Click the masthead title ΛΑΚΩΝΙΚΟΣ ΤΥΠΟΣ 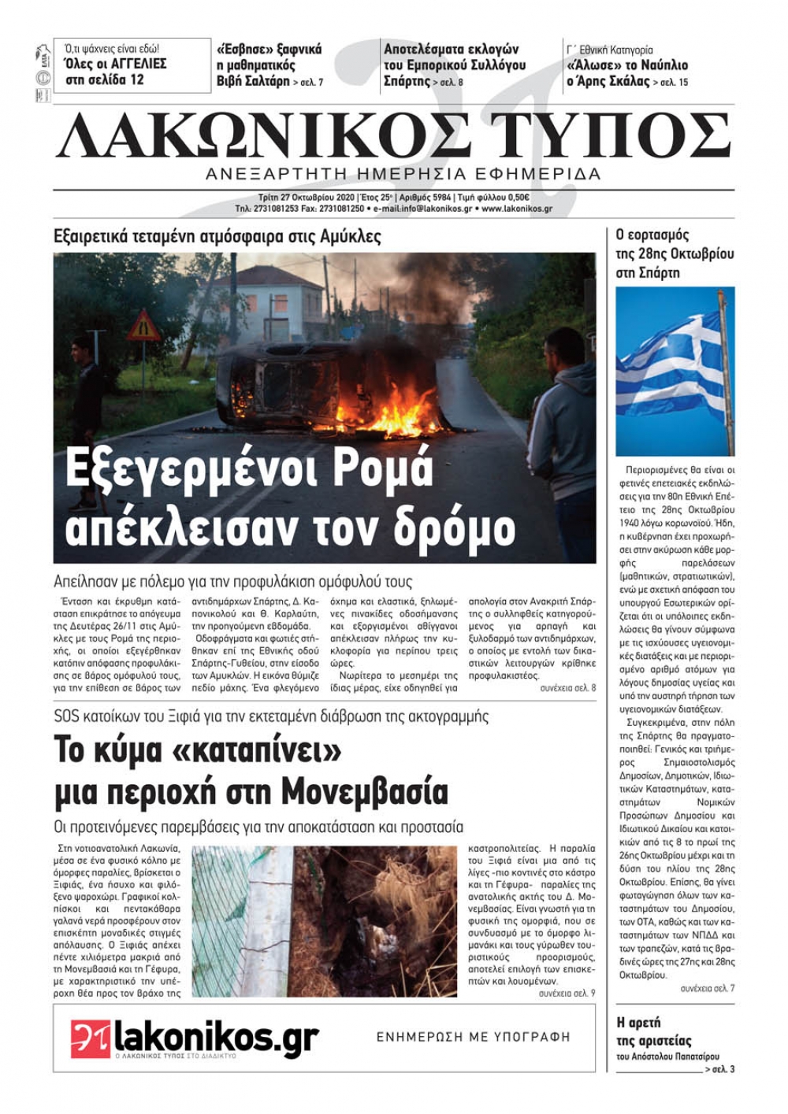(394, 135)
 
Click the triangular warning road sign (143, 325)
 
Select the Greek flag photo (675, 371)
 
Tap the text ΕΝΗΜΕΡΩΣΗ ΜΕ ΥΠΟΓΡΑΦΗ (473, 1037)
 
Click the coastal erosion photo (324, 921)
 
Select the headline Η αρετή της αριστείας (654, 1031)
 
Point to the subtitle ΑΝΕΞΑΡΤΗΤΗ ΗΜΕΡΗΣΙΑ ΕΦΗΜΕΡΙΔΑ (403, 174)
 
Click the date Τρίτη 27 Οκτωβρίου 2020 (295, 198)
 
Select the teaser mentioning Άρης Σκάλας (627, 73)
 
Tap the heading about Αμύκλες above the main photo (217, 236)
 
